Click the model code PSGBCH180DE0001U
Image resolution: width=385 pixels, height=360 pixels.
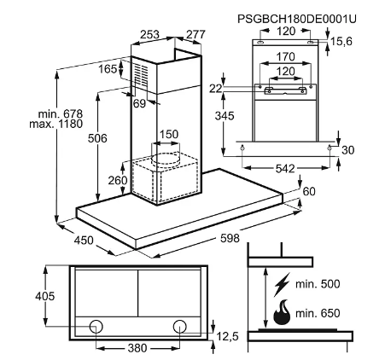point(297,19)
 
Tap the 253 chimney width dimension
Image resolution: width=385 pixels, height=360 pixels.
point(149,34)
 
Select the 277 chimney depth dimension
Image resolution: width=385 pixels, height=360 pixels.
point(195,34)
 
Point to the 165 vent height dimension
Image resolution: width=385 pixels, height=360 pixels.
point(108,69)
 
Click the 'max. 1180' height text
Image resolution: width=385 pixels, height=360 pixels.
point(56,124)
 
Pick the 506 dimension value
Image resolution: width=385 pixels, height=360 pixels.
point(97,138)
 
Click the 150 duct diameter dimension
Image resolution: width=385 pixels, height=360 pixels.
point(169,134)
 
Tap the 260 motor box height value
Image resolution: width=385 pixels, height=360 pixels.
point(118,180)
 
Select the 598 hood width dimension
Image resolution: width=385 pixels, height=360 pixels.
point(230,238)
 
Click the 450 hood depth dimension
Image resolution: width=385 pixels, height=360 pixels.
point(84,241)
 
